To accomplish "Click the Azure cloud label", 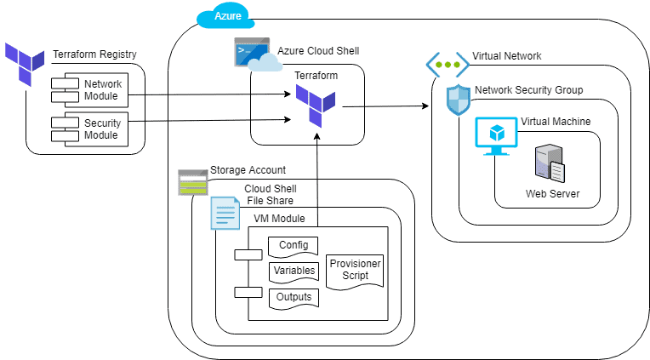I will coord(222,16).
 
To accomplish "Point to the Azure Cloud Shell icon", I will coord(253,54).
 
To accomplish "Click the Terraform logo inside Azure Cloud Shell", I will coord(316,106).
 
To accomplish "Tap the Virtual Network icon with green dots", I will coord(447,64).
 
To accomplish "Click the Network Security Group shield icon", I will coord(459,100).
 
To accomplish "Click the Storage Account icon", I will coord(193,182).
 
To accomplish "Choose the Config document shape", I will coord(294,247).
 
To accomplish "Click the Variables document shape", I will coord(294,272).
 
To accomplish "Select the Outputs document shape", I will coord(294,298).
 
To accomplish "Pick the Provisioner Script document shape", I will coord(355,271).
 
